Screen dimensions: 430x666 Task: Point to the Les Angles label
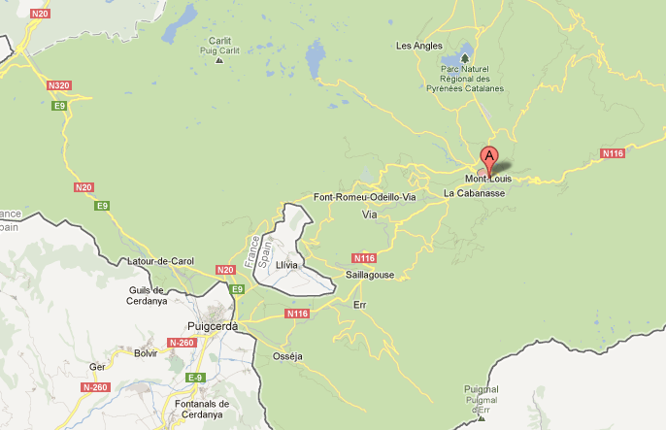418,46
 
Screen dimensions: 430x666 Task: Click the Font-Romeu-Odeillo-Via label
364,197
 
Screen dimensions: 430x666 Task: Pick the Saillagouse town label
370,276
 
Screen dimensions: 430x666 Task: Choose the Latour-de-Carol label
162,262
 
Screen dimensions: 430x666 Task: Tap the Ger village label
97,367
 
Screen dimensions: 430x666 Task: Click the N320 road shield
59,85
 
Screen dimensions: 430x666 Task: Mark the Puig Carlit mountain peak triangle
219,60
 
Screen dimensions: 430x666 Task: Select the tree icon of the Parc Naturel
465,57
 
